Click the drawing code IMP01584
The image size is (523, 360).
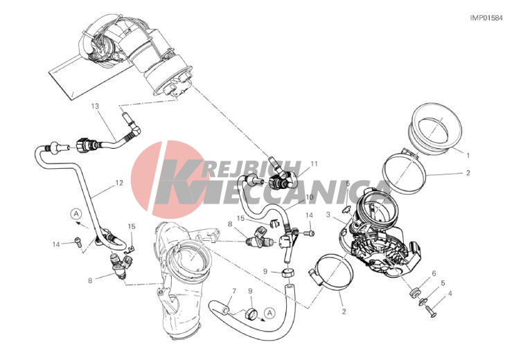pos(486,18)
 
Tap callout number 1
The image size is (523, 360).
pos(468,155)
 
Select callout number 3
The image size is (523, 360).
pos(328,215)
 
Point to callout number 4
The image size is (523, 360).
pos(450,294)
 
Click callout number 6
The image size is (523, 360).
pos(434,273)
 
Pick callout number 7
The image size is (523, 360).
pos(234,291)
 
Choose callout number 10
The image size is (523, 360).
pos(310,197)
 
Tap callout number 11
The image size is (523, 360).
pos(314,163)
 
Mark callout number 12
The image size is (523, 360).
pos(119,183)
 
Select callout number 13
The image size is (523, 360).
pos(95,106)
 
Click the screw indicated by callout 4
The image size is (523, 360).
pos(431,311)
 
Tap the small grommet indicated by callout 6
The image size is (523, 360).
pos(414,294)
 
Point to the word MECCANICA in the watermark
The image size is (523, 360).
pos(277,192)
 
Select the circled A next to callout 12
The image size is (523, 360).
pos(76,213)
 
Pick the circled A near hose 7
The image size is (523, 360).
pos(269,313)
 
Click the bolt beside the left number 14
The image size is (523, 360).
pos(78,242)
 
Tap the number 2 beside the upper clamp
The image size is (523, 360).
pos(468,172)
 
